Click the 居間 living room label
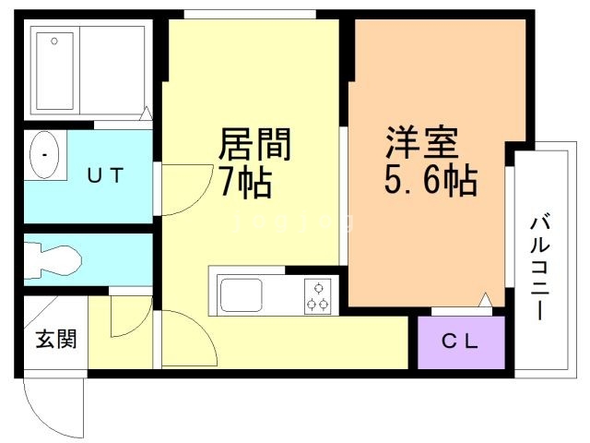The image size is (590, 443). tap(254, 144)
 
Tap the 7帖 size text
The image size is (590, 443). tap(246, 182)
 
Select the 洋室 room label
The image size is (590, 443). tap(421, 142)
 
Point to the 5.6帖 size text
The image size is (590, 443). tap(431, 180)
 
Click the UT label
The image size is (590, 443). tap(105, 175)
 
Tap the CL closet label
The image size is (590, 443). tap(460, 342)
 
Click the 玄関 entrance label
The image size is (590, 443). tap(56, 339)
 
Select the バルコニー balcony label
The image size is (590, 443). tap(540, 267)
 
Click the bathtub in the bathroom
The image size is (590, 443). tap(55, 71)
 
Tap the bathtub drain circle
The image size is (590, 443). tap(54, 41)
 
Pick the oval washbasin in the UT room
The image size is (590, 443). tap(44, 155)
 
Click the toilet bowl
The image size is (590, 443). tap(53, 261)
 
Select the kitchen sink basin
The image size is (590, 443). tap(242, 295)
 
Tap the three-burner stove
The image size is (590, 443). tap(318, 296)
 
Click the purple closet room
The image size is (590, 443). tap(461, 342)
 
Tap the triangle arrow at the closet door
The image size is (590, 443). tap(486, 299)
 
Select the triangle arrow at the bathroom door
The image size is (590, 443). tap(146, 114)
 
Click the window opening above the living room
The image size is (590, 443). tap(250, 15)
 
